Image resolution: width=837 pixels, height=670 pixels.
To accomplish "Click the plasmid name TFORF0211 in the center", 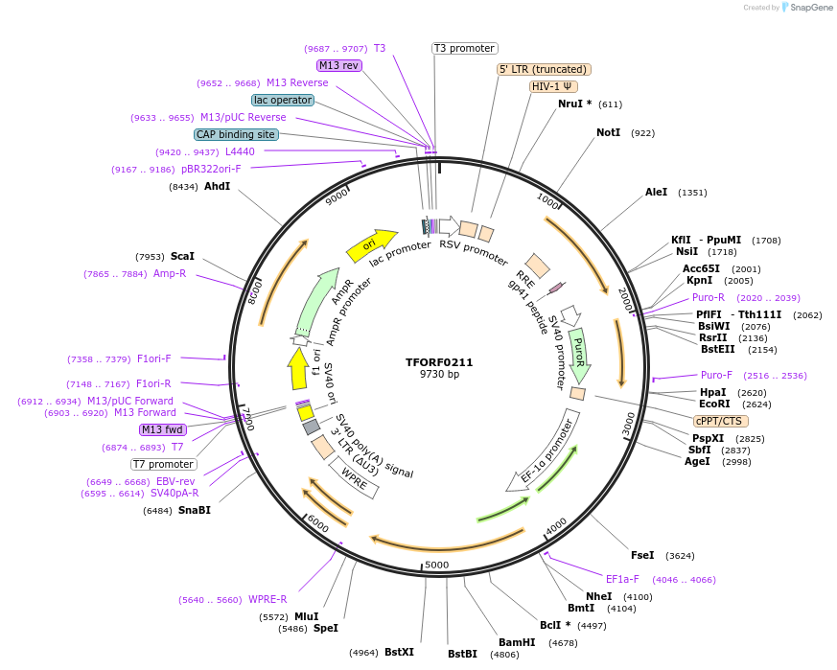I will click(439, 362).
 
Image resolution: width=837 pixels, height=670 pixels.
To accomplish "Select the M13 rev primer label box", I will click(338, 65).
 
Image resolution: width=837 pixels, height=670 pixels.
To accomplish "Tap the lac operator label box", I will click(283, 100).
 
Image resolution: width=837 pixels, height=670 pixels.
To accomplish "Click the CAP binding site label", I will click(236, 134).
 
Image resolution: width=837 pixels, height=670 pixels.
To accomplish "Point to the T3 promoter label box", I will click(464, 48).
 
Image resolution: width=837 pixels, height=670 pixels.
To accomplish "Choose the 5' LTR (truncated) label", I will click(544, 69).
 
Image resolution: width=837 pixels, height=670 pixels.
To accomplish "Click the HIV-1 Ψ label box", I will click(553, 86).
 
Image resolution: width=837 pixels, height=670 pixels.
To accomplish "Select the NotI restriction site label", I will click(609, 133).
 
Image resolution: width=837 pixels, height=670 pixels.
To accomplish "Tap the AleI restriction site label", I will click(657, 193).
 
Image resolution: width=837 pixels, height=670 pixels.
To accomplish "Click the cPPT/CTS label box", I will click(721, 421).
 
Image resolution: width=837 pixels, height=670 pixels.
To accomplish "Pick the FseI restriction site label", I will click(642, 555).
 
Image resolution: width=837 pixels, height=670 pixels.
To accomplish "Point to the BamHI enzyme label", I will click(517, 642).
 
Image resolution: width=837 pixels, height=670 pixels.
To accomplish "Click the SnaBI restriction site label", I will click(194, 510).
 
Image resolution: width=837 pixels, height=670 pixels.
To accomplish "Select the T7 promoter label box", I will click(164, 464).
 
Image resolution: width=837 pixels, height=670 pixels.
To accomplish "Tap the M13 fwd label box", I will click(163, 429).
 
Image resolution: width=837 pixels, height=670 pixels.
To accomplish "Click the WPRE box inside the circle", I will click(355, 478).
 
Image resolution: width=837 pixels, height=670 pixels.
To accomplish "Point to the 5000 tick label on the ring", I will click(436, 565).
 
